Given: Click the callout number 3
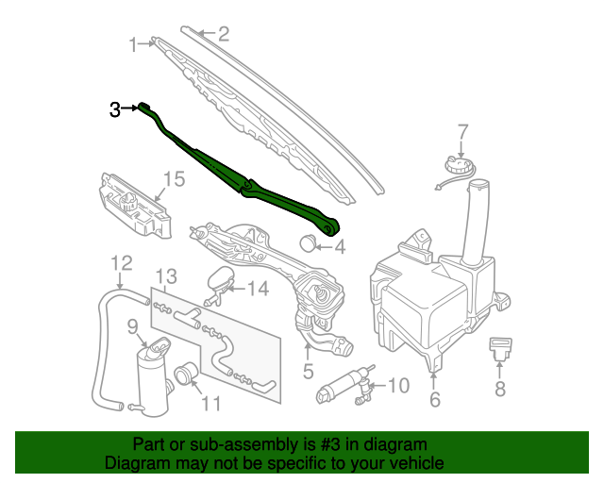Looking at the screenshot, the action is click(x=114, y=109).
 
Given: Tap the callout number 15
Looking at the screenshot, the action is click(x=174, y=179).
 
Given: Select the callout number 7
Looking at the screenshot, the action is click(x=463, y=131).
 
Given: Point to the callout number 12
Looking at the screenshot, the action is click(x=122, y=263).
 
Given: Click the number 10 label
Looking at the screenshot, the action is click(x=398, y=386).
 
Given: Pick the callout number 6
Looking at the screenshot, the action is click(x=435, y=399).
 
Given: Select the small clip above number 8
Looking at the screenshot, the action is click(x=500, y=349).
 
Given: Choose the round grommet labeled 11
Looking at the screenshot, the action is click(x=186, y=374).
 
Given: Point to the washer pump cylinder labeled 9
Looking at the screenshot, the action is click(x=153, y=381).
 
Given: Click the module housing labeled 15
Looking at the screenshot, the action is click(x=136, y=205).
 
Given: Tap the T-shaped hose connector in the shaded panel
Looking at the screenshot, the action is click(x=188, y=317).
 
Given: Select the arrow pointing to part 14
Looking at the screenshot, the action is click(x=237, y=289).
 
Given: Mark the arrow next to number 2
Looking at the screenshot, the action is click(x=208, y=34).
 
